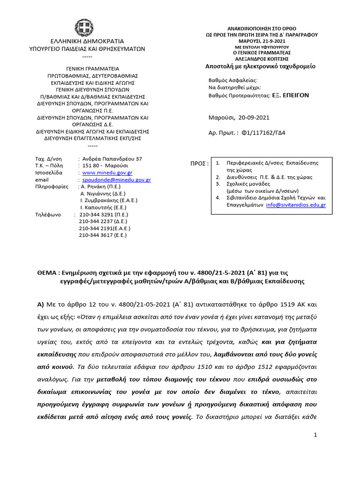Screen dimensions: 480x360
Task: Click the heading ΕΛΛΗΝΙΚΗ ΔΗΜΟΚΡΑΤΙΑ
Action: [x=88, y=41]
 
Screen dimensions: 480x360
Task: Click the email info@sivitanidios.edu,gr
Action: [x=302, y=205]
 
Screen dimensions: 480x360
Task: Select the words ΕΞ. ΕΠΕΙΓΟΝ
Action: [x=291, y=95]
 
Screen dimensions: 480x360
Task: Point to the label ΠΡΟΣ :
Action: [x=199, y=164]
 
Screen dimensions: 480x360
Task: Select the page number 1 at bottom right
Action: [x=315, y=435]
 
